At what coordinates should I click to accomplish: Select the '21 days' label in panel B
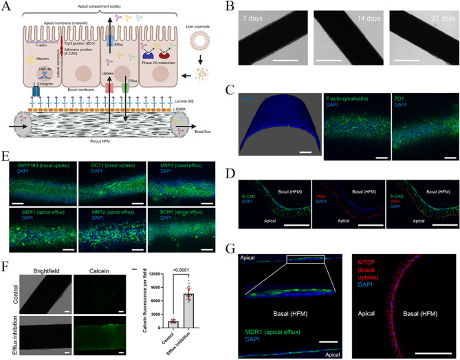pos(408,15)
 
